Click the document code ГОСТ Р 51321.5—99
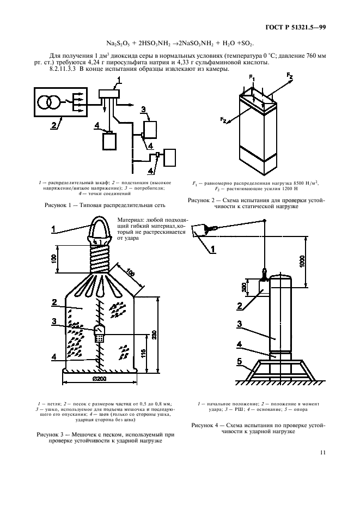click(x=295, y=28)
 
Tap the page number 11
click(x=322, y=452)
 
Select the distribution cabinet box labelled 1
click(x=109, y=94)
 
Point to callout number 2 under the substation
click(x=53, y=125)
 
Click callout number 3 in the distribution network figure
click(x=143, y=110)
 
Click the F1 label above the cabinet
click(x=252, y=77)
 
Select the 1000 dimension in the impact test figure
click(x=302, y=262)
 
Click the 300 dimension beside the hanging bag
click(x=244, y=287)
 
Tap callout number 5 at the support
click(x=239, y=362)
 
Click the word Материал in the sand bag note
click(x=129, y=220)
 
